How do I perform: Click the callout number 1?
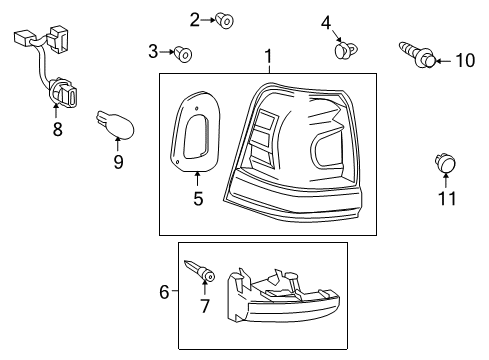267,57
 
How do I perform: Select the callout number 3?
154,51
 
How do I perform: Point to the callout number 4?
326,22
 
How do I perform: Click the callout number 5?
197,199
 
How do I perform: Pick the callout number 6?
165,291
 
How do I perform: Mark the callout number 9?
118,160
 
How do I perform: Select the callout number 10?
465,61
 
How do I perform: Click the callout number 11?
448,198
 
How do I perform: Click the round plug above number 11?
444,164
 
